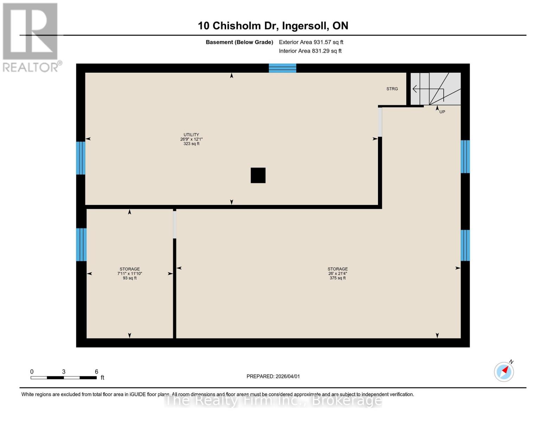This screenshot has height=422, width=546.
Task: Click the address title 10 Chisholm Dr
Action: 273,26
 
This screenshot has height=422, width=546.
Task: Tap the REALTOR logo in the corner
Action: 31,37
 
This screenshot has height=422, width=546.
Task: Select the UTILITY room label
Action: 191,139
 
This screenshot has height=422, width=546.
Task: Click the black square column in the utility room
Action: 258,175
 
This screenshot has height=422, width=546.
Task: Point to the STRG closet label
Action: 392,89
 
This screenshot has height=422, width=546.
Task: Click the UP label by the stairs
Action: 442,112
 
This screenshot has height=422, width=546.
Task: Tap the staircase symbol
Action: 436,89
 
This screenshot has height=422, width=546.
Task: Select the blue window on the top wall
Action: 282,68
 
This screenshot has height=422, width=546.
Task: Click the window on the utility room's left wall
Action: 81,158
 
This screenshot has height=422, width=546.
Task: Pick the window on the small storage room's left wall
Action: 81,244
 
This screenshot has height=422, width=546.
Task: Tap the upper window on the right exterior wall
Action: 465,156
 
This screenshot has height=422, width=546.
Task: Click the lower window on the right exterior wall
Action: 465,245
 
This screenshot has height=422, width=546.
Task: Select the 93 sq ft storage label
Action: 129,274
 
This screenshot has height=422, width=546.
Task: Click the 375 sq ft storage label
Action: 338,273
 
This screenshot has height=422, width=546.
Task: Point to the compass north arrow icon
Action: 504,371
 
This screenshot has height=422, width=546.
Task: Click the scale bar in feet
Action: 64,377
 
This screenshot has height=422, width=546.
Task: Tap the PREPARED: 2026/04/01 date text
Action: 273,376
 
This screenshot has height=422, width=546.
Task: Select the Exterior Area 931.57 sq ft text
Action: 311,42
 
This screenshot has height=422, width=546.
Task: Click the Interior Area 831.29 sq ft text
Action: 310,51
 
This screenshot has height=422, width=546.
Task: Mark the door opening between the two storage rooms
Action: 174,224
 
